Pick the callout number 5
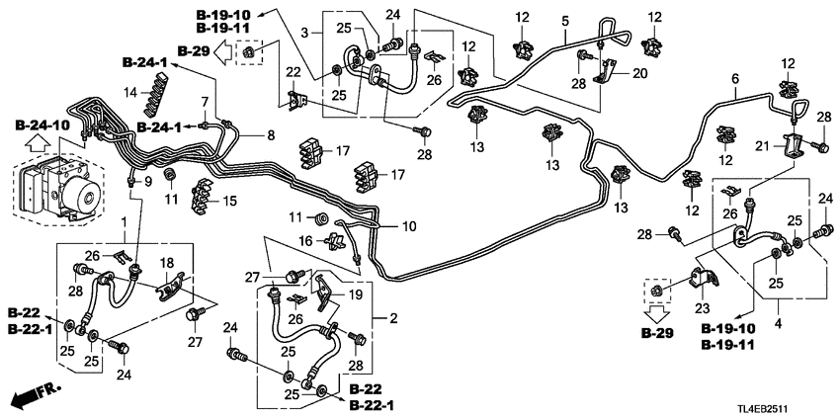(564, 22)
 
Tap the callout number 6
(734, 78)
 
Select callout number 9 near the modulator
(148, 182)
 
